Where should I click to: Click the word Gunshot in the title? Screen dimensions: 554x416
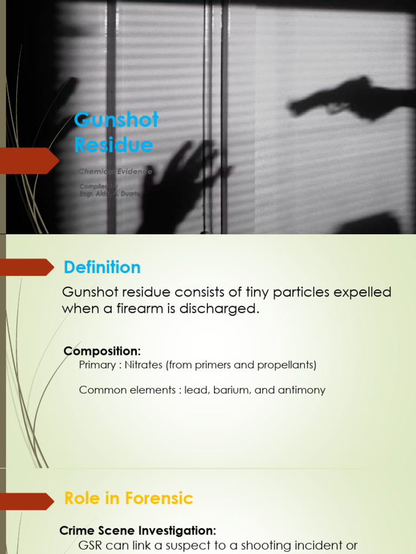tap(116, 120)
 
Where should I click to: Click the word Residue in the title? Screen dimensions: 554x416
tap(113, 145)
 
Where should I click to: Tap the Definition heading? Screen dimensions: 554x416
tap(102, 267)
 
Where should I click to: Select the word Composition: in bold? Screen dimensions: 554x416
tap(102, 351)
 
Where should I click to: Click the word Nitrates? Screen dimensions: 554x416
tap(144, 365)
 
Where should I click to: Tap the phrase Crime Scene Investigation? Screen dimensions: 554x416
tap(138, 531)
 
